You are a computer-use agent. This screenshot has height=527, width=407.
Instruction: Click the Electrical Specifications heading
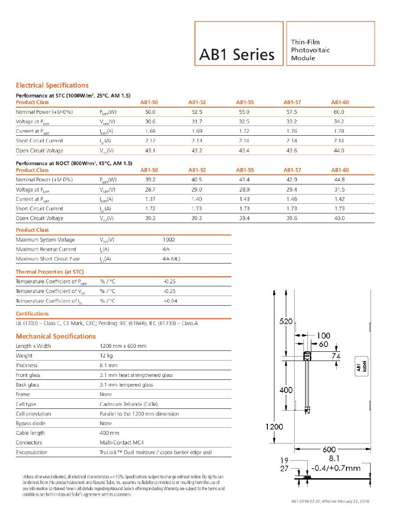52,85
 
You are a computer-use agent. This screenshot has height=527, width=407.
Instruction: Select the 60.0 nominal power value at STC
338,112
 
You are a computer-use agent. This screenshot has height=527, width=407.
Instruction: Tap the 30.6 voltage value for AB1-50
150,122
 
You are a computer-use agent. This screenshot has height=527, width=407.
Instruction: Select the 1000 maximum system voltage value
169,240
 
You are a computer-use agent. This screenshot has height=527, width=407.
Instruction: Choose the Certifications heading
32,314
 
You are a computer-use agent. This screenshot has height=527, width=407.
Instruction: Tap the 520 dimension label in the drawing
287,321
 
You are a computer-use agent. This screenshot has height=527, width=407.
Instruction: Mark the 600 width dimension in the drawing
329,449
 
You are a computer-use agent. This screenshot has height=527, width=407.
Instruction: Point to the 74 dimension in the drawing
335,356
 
